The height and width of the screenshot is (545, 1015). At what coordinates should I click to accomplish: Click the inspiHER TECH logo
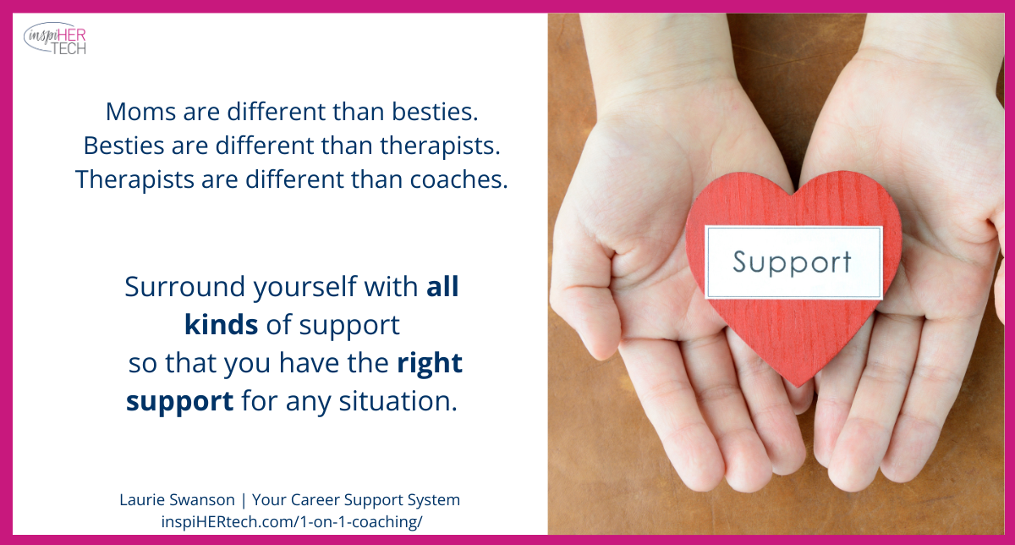coord(55,39)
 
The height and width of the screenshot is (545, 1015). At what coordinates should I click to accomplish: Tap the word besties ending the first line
coord(435,112)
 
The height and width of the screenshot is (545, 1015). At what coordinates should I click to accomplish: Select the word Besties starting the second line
coord(123,146)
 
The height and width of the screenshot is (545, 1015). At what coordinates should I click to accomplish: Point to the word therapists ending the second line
coord(440,146)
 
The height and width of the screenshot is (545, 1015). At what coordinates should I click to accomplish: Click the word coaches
coord(459,179)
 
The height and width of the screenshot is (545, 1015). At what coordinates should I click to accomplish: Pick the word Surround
coord(185,287)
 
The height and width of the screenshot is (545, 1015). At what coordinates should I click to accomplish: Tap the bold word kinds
coord(221,325)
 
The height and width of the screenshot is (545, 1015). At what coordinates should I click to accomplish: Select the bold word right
coord(430,364)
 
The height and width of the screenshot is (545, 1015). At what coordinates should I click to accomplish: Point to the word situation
coord(398,401)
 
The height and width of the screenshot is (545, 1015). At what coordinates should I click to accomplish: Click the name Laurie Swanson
coord(177,499)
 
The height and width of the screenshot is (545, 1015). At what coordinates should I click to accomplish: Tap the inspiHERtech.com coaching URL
coord(292,522)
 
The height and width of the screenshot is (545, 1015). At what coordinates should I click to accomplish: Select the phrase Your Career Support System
coord(356,500)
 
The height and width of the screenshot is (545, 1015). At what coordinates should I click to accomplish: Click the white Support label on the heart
coord(793,262)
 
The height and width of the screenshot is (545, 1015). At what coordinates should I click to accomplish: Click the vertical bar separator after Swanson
coord(244,500)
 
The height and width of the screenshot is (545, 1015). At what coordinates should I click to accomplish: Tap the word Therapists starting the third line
coord(134,180)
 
